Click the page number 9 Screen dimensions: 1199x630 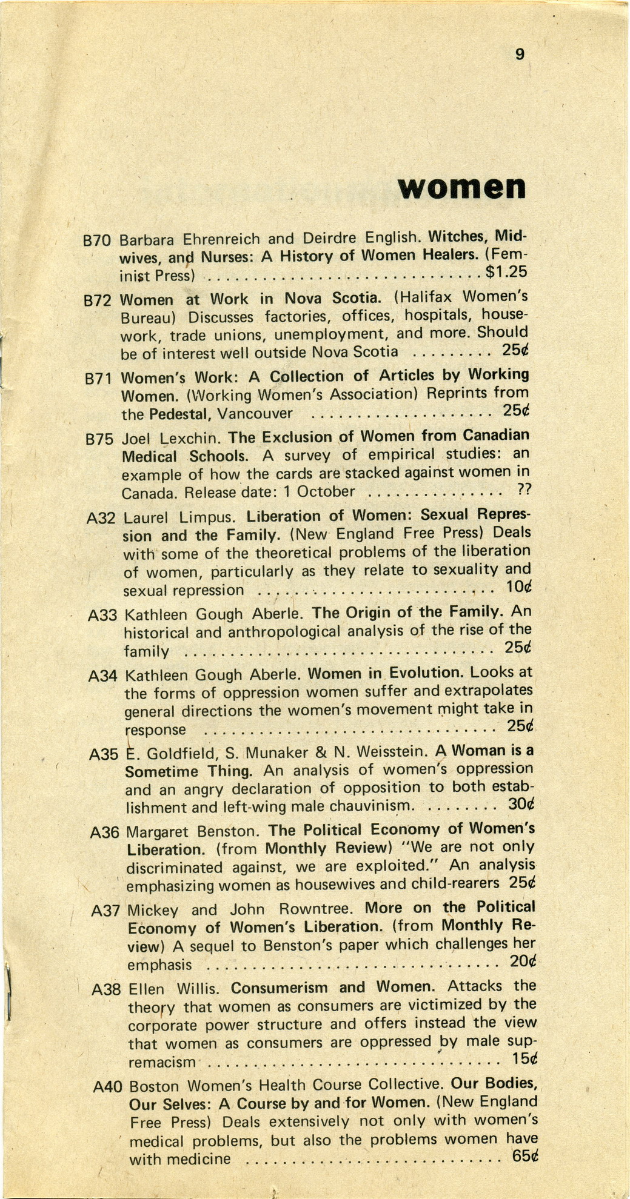519,55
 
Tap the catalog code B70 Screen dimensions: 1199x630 96,241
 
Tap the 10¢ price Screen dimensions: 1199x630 518,586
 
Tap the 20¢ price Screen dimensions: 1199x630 523,962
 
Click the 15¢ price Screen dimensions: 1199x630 524,1058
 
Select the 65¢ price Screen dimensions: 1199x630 525,1155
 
